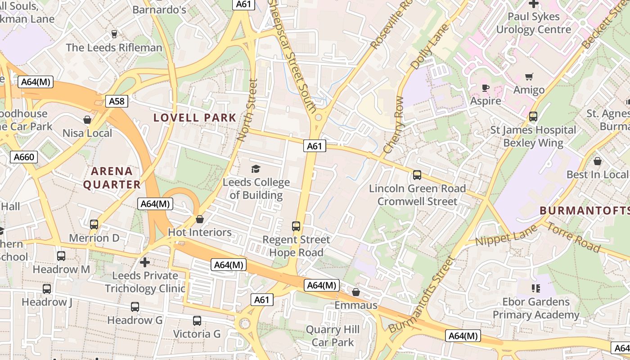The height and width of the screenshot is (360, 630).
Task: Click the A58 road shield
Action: pyautogui.click(x=117, y=101)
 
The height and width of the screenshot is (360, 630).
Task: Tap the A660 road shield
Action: pyautogui.click(x=24, y=157)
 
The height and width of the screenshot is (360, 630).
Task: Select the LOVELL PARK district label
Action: pyautogui.click(x=195, y=118)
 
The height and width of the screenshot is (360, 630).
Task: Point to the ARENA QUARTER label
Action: pyautogui.click(x=112, y=178)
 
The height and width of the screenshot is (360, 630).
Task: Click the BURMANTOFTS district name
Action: pyautogui.click(x=584, y=211)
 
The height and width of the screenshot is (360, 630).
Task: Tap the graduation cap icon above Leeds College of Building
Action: pyautogui.click(x=256, y=169)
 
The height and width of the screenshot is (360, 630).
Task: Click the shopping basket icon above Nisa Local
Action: pyautogui.click(x=87, y=120)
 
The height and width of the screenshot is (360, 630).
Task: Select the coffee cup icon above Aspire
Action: pyautogui.click(x=485, y=88)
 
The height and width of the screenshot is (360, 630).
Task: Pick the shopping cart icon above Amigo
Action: pyautogui.click(x=529, y=77)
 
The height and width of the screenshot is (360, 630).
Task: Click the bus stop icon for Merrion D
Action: pyautogui.click(x=94, y=224)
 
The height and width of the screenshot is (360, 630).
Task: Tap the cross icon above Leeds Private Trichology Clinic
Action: pyautogui.click(x=144, y=261)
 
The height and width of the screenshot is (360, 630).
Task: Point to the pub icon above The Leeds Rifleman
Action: pyautogui.click(x=114, y=34)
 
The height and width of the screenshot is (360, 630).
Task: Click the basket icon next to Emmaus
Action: pyautogui.click(x=356, y=292)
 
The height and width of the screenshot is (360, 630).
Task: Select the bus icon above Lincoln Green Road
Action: pyautogui.click(x=417, y=175)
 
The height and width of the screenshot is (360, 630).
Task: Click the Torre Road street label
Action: pyautogui.click(x=573, y=237)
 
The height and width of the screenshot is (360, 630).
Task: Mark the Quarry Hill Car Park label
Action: pyautogui.click(x=333, y=336)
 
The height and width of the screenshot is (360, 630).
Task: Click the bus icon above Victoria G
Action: pyautogui.click(x=197, y=321)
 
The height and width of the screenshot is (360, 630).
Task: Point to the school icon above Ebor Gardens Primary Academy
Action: pyautogui.click(x=535, y=288)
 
